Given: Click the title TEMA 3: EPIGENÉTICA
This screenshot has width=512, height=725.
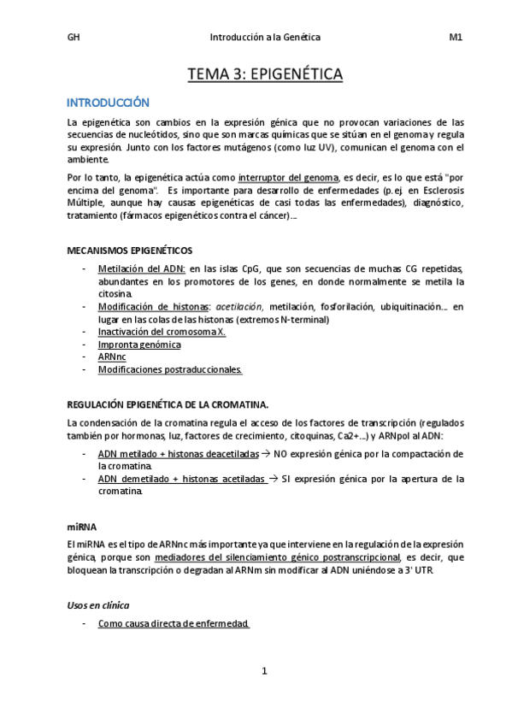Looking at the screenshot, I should point(265,75).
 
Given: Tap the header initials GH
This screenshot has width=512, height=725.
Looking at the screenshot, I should point(73,37).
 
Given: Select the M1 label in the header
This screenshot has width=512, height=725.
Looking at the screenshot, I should point(456,37).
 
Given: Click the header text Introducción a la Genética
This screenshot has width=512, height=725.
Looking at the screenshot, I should point(265,37).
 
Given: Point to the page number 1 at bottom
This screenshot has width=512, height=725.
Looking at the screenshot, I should point(265,671).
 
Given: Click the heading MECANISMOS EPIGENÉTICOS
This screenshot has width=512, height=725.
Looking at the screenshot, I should point(130,251).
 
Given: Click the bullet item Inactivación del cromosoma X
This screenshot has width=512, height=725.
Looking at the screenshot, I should point(162,332).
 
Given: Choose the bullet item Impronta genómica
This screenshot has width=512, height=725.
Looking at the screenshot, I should point(139,345).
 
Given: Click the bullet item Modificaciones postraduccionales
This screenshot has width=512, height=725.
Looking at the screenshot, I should point(170,370).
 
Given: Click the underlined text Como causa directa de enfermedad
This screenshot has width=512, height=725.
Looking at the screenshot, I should point(174,624).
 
